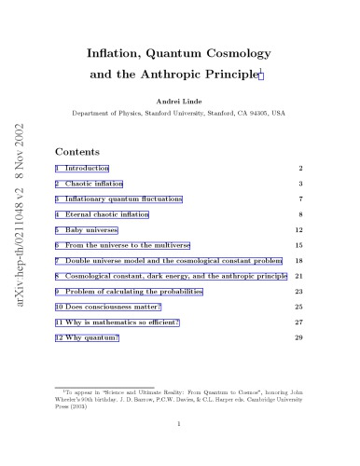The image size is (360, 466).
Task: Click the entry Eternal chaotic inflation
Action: point(106,215)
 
